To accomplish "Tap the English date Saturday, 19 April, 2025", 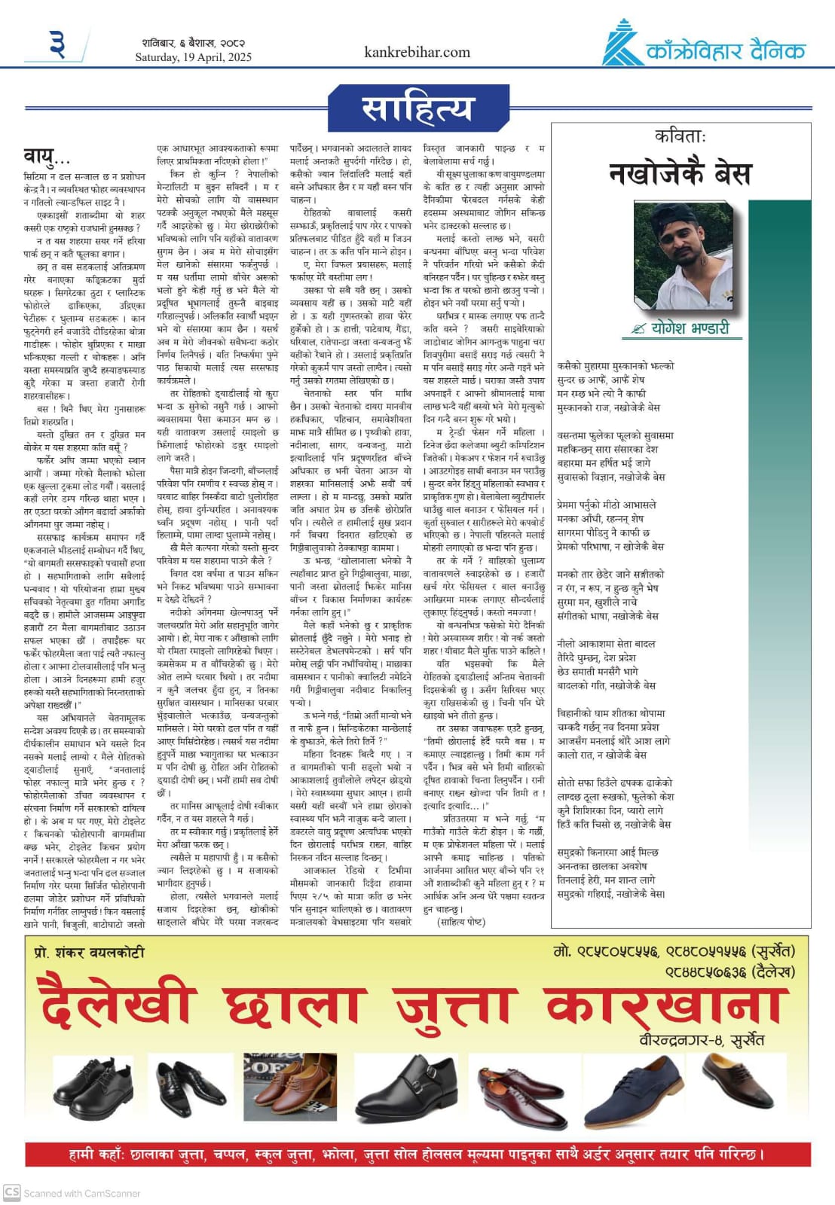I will pos(194,57).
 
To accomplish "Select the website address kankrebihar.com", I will pos(417,52).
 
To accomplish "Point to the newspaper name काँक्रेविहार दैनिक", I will pos(726,51).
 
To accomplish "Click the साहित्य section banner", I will pos(417,108).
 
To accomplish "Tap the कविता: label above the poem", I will pos(680,136).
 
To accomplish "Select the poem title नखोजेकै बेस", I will pos(680,174).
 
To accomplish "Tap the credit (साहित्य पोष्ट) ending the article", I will pos(461,921).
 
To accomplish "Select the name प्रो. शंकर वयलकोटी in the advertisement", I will pos(90,952).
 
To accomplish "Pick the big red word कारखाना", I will pos(665,1003).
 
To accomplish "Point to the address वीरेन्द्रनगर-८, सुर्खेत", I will pos(701,1040).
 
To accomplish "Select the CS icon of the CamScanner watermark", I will pos(12,1192).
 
